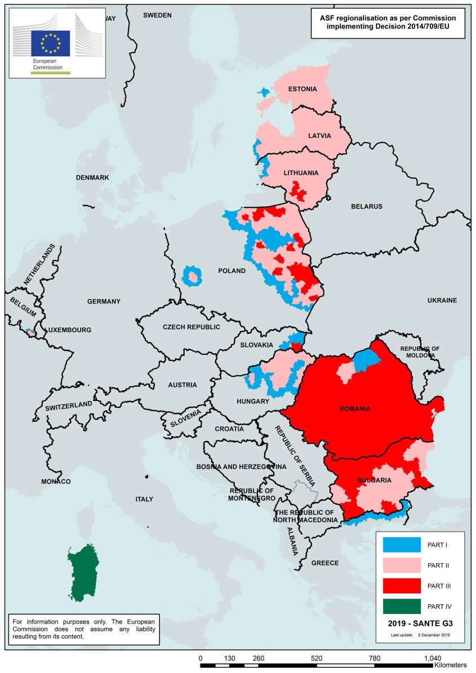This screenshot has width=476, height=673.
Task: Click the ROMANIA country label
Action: [355, 409]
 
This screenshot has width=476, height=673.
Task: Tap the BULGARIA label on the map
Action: [374, 480]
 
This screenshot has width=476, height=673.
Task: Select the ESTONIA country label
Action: [302, 89]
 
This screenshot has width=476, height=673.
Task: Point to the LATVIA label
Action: [319, 136]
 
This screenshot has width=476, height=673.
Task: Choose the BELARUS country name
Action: [366, 206]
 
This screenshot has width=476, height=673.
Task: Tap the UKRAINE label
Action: [441, 300]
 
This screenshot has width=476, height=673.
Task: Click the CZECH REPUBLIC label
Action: [191, 327]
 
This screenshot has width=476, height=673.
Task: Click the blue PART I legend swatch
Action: [402, 545]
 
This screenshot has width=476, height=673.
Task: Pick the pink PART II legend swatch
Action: [402, 565]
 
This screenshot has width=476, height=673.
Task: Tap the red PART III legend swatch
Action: [402, 586]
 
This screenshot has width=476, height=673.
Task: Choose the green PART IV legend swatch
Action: [402, 606]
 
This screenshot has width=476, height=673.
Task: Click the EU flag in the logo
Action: [51, 43]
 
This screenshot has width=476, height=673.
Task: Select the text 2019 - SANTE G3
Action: [420, 624]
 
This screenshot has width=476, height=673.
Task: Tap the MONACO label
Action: [56, 482]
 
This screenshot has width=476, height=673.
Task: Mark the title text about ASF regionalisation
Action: [388, 23]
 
